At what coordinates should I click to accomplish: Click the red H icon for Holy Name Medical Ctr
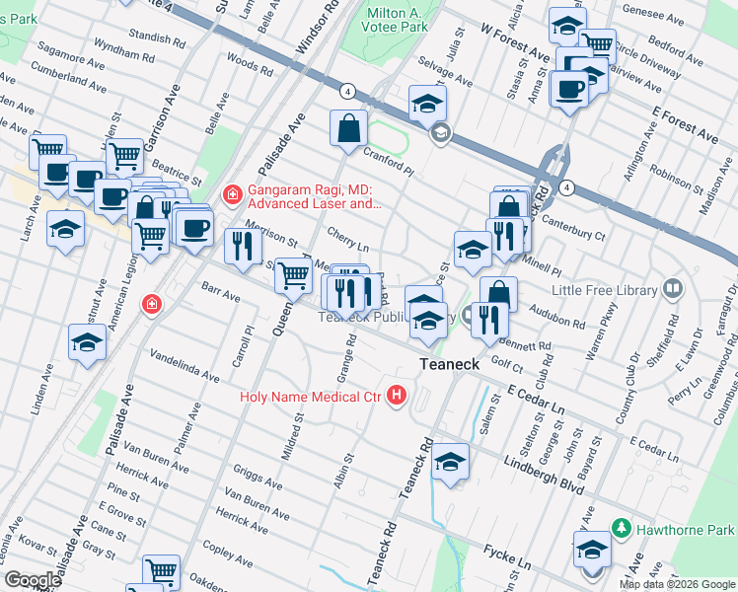[397, 397]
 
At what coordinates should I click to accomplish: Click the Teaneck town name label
[449, 364]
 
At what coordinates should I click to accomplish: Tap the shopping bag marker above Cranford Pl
[348, 129]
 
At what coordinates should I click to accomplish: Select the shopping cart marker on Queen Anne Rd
[293, 276]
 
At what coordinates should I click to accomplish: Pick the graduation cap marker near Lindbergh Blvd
[449, 462]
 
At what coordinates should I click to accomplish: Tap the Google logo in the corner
[33, 580]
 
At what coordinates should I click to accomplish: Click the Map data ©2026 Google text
[677, 584]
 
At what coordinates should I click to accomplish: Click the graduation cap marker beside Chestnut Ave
[87, 344]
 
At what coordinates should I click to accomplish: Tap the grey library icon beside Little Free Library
[673, 288]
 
